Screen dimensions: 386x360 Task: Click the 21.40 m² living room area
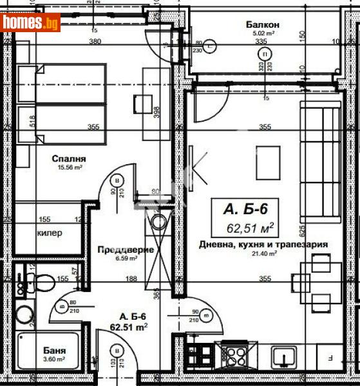click(x=263, y=253)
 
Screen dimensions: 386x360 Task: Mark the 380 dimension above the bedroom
click(x=95, y=42)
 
